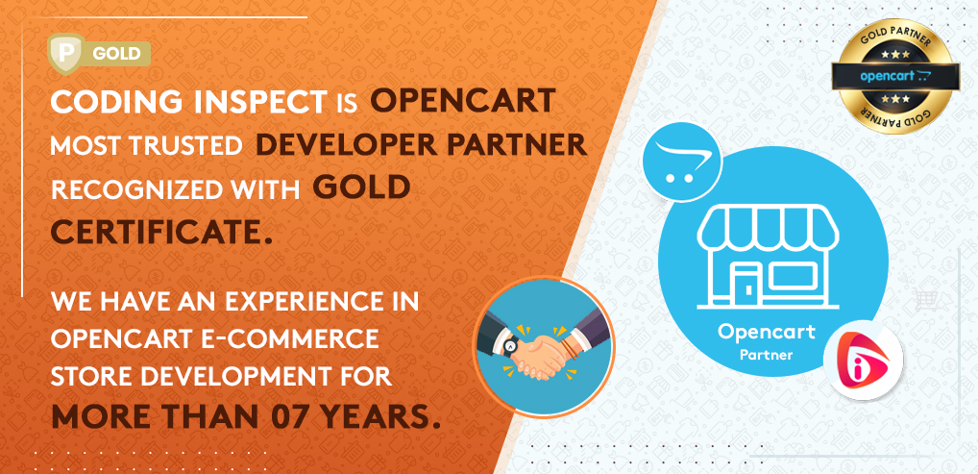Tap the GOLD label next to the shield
click(116, 54)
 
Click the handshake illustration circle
click(544, 346)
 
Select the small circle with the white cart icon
click(681, 162)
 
